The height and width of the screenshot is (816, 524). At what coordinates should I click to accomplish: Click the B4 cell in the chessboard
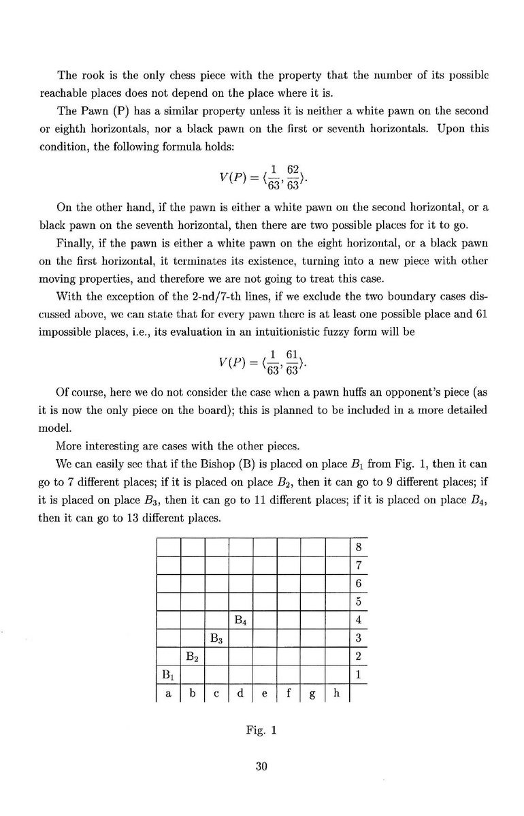[240, 620]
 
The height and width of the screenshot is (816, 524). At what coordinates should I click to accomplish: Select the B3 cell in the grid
[216, 639]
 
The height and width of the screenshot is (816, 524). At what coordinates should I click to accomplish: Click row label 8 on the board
[358, 546]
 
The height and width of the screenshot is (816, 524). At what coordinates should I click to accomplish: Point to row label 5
[358, 602]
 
